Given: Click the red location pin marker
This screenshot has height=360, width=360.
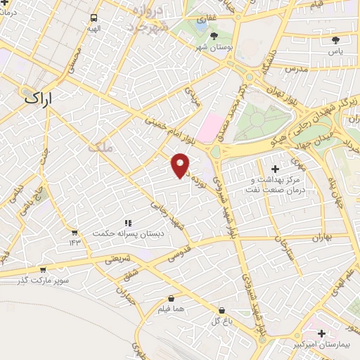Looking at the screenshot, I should coord(181,165).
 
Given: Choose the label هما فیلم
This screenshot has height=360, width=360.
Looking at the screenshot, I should coord(172,310).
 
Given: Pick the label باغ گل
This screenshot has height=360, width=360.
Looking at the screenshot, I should coord(221,321).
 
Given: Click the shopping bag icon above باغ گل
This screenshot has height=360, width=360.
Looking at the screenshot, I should coord(221,310).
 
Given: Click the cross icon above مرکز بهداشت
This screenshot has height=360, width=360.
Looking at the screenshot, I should coord(275,169).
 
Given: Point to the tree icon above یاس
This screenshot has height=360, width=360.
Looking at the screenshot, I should coord(335,39).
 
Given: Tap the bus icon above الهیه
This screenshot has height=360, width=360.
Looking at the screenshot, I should coord(94,18).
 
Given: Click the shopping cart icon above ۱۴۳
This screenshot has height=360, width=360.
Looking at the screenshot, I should coord(75,231).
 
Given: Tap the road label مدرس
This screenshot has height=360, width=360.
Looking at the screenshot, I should coord(298,70).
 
